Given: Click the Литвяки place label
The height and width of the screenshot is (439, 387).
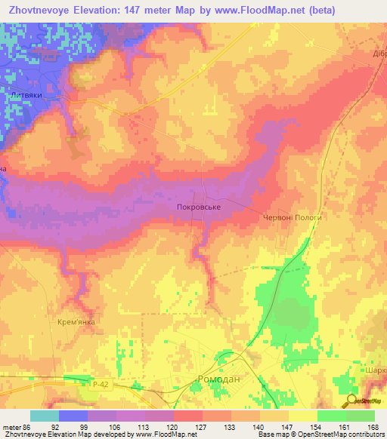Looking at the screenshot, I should click(29, 95).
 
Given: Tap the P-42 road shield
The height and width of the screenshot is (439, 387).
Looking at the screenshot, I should click(100, 385).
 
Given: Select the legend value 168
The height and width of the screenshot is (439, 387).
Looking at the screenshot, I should click(373, 427).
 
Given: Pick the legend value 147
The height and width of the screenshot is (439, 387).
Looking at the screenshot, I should click(288, 427).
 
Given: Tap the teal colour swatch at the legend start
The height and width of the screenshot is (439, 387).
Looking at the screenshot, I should click(45, 416).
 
